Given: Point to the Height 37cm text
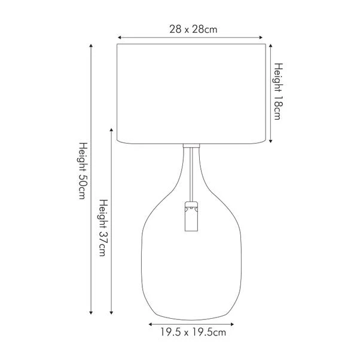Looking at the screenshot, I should coord(103,228).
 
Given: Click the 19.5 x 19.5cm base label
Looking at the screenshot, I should coord(193,331).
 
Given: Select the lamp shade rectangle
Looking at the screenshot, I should coord(191,93).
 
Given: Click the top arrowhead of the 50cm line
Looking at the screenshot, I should coord(91,45).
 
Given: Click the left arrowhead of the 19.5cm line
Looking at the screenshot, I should coord(150,323).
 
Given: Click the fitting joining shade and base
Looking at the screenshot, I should coord(191,145).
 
